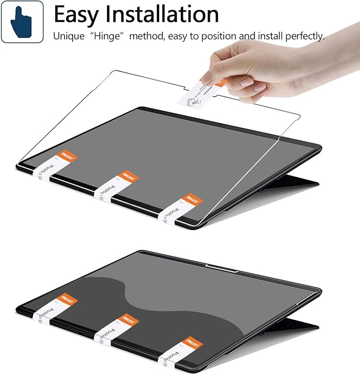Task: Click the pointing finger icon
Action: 22,22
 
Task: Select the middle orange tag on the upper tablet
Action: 127,175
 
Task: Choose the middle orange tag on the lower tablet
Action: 127,319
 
